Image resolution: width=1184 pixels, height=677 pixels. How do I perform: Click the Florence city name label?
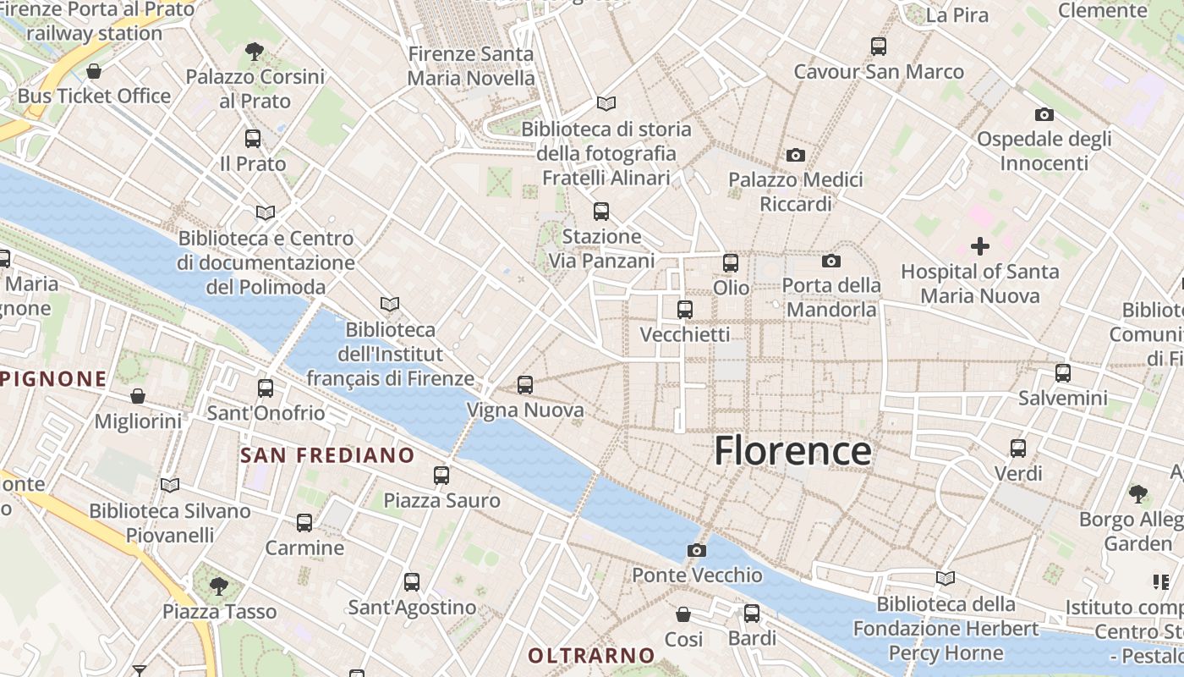[792, 450]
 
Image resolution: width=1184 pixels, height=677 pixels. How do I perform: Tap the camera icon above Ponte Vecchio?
[697, 551]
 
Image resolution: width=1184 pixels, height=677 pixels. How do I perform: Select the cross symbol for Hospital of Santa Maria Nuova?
[980, 246]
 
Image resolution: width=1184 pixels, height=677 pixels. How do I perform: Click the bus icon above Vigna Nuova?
[525, 385]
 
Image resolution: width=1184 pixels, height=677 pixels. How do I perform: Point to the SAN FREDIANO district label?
[327, 455]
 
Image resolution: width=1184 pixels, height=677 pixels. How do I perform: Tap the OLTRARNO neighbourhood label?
[591, 655]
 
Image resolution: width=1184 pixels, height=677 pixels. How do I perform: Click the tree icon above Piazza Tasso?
[219, 586]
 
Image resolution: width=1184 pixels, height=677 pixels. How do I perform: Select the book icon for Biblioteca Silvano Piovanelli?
[170, 486]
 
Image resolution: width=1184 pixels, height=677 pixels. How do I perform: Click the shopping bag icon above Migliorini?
[138, 396]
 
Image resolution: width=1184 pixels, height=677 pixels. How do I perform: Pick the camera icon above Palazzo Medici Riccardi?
[796, 155]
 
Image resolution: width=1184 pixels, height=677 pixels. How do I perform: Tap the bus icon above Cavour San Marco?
[879, 47]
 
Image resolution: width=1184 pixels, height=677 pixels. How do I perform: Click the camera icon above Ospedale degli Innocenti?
[1044, 114]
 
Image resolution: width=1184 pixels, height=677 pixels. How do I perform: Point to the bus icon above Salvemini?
[1063, 372]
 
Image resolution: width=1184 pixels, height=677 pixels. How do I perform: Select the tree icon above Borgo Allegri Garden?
[1138, 493]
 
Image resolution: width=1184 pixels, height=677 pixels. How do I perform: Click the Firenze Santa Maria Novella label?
[471, 66]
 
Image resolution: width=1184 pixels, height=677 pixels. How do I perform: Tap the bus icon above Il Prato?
[253, 139]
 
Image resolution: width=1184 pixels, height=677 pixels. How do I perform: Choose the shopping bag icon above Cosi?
[683, 614]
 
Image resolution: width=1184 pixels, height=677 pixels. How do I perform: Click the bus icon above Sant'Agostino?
[412, 582]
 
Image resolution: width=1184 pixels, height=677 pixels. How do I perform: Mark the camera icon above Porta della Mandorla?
[831, 261]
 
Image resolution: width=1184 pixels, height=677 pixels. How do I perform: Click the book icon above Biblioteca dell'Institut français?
[390, 304]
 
